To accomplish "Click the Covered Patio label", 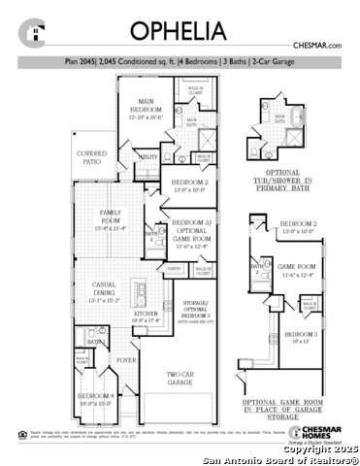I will pos(92,157).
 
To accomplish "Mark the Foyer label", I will pos(127,359).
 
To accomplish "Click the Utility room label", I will pos(148,156).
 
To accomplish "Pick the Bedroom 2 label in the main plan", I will pos(189,184).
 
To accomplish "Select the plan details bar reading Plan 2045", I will pos(180,61).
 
